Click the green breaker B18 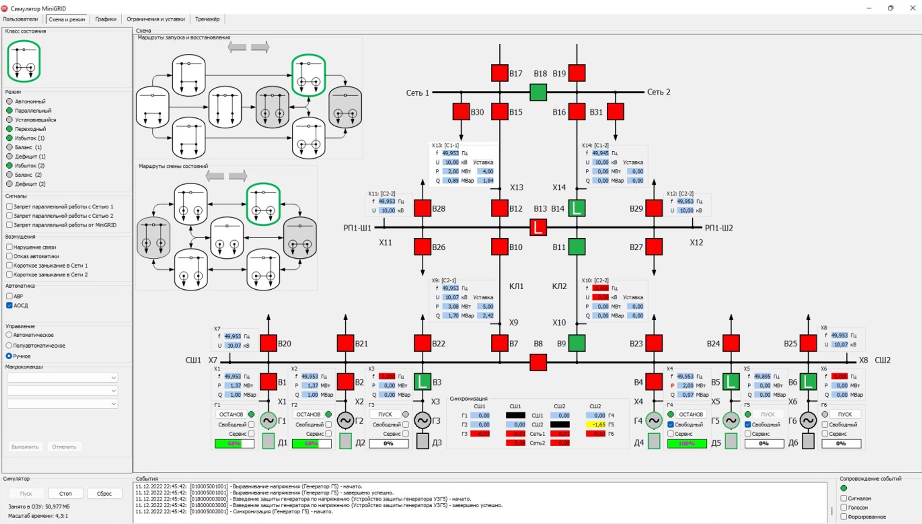[x=538, y=92]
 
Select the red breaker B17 [x=500, y=73]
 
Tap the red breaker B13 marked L [x=538, y=227]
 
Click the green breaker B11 [x=577, y=247]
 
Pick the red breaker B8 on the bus [x=538, y=362]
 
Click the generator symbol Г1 [x=268, y=420]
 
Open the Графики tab [x=106, y=19]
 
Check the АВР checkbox [x=9, y=296]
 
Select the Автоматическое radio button [x=9, y=335]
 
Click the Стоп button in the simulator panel [x=65, y=494]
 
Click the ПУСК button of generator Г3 [x=385, y=414]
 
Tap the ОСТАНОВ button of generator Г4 [x=691, y=414]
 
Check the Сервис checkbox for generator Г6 [x=825, y=434]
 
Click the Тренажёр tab [x=207, y=19]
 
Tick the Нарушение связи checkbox [x=9, y=247]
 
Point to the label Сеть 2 [x=658, y=92]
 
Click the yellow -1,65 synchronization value [x=596, y=425]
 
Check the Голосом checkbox [x=843, y=507]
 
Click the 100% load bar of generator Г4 [x=686, y=443]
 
